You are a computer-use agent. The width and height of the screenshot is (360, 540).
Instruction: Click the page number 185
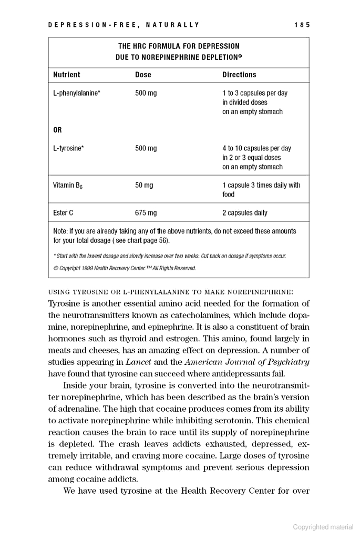(303, 25)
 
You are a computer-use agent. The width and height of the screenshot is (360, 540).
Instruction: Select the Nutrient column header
(67, 75)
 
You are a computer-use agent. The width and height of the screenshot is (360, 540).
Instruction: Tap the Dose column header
(143, 75)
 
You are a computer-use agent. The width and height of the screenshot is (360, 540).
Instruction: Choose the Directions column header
(239, 75)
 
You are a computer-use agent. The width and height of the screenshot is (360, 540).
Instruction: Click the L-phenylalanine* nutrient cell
(77, 93)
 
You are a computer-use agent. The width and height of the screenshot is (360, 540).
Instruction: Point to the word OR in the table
(58, 130)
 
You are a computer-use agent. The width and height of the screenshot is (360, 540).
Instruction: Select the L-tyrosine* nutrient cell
(68, 148)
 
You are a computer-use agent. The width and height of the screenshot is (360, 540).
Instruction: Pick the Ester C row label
(63, 213)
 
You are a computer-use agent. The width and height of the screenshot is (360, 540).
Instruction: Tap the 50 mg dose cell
(144, 185)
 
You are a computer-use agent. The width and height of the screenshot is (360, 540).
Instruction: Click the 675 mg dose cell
(146, 213)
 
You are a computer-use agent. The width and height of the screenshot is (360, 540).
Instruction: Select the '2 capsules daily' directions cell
(244, 213)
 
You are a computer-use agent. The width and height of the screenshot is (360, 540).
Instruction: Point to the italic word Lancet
(138, 362)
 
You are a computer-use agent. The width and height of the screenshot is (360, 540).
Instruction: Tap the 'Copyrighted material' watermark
(323, 527)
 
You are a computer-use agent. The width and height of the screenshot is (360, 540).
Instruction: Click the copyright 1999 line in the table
(125, 268)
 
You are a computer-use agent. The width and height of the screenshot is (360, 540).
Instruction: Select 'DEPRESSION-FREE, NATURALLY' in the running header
(124, 25)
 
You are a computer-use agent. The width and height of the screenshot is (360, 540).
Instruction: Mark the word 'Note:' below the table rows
(61, 231)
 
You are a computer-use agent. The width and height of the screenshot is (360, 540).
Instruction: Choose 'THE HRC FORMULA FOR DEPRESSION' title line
(179, 46)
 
